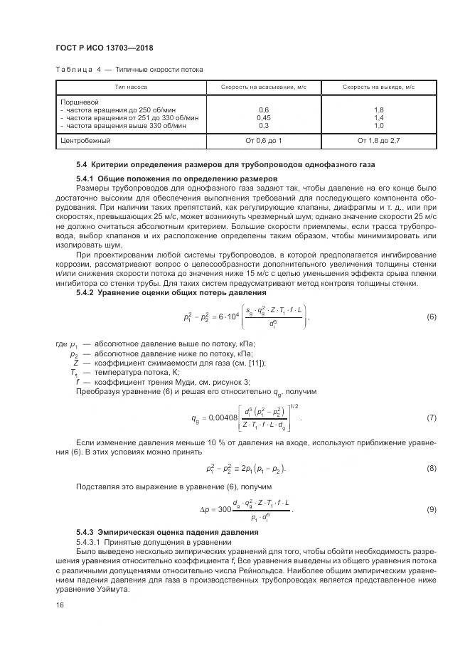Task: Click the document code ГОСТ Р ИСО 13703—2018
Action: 105,48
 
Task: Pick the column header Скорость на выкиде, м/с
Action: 378,87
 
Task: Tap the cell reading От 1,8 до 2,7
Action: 378,140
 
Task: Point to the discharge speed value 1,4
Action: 378,117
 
